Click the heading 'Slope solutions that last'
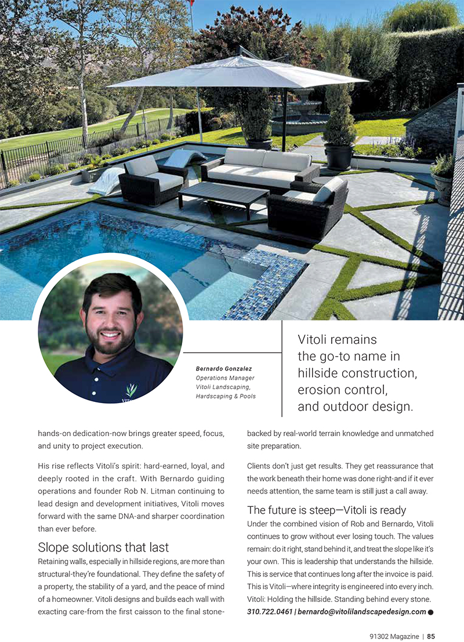click(x=103, y=547)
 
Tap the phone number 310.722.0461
click(x=270, y=611)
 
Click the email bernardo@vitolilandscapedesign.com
click(x=362, y=611)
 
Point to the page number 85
click(x=432, y=636)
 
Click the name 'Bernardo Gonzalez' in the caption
click(x=223, y=369)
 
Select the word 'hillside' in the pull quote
click(x=320, y=372)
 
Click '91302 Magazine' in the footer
click(x=394, y=636)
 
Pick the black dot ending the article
click(x=431, y=612)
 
